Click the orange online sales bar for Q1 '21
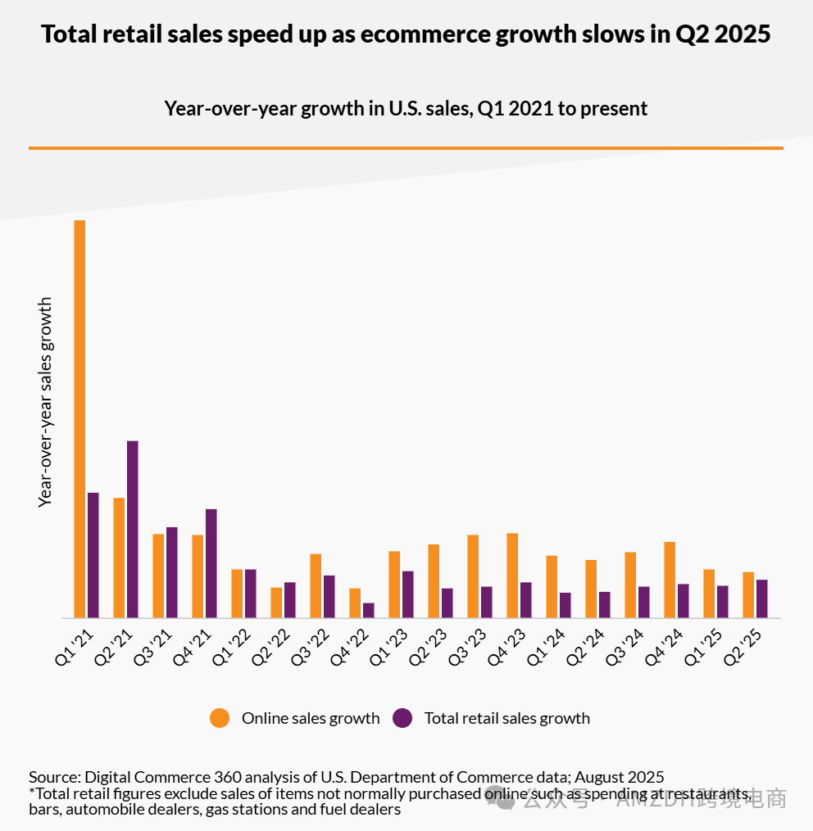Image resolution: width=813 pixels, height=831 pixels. [x=79, y=418]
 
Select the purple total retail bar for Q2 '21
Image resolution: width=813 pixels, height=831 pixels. [x=132, y=529]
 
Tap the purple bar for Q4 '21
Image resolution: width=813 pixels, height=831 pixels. [x=211, y=563]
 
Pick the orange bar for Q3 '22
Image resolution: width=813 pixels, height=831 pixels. [x=316, y=585]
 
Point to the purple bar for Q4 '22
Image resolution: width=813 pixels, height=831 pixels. [x=368, y=611]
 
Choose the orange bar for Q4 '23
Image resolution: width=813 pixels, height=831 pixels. [x=512, y=576]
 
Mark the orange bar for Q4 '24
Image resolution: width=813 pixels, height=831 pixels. [x=670, y=580]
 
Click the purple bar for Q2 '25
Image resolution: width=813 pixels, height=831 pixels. [x=761, y=598]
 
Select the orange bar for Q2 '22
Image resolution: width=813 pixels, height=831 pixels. [x=276, y=603]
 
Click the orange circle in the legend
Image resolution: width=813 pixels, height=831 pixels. [x=220, y=718]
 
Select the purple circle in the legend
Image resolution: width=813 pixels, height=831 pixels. [x=402, y=718]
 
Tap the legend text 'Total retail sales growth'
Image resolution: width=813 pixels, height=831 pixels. [x=506, y=718]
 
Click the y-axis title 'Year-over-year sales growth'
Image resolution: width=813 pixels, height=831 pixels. [x=45, y=402]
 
